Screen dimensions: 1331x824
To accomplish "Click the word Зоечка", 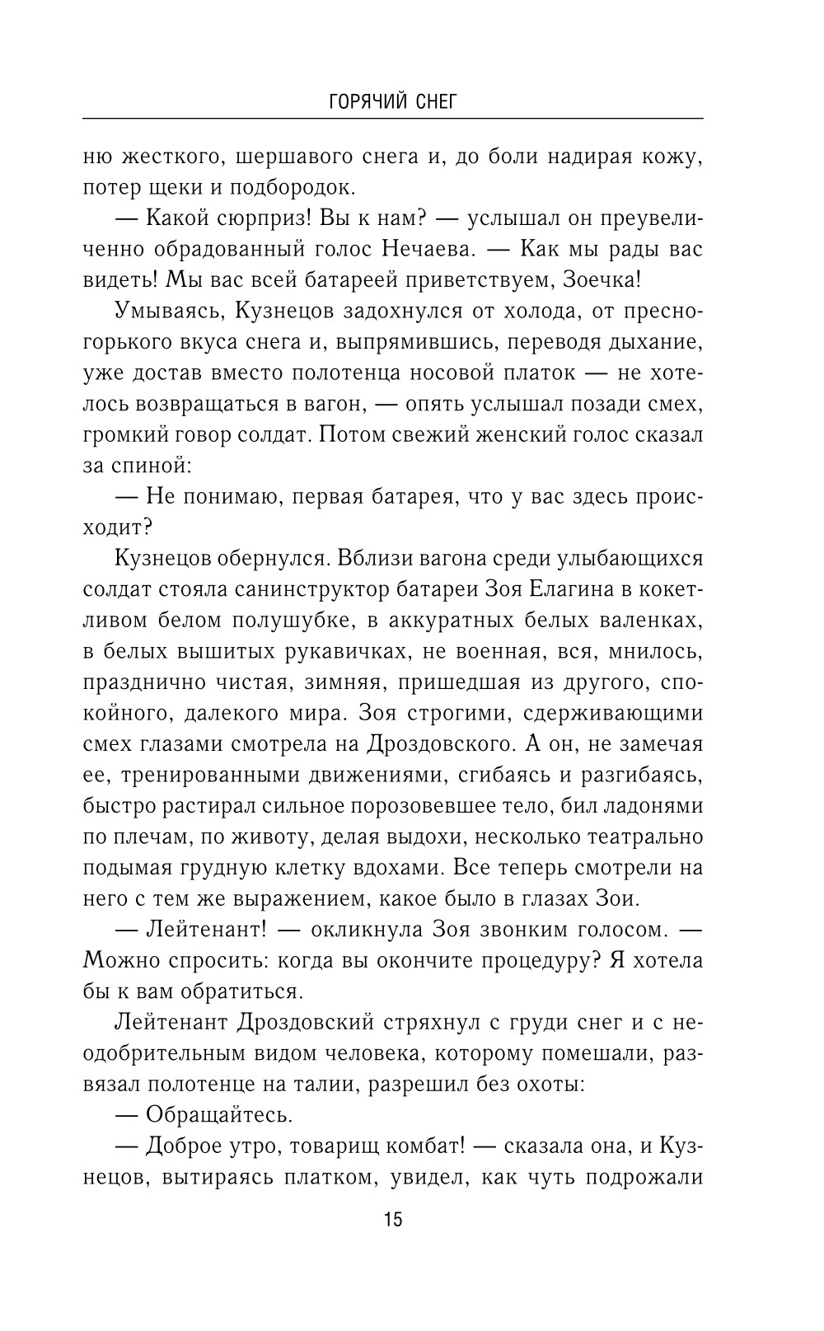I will click(x=599, y=279).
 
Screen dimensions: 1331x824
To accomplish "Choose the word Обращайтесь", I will click(x=218, y=1116).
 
